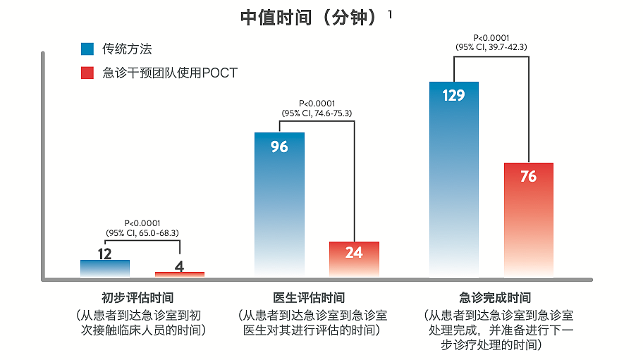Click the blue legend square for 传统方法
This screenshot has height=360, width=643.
pyautogui.click(x=87, y=49)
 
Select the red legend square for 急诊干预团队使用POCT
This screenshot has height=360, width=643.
pyautogui.click(x=87, y=73)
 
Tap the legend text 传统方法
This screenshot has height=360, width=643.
pyautogui.click(x=128, y=49)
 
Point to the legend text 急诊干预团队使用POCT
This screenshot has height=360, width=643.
pyautogui.click(x=170, y=73)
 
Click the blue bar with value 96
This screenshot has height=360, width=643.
pyautogui.click(x=279, y=204)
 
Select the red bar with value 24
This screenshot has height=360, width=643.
pyautogui.click(x=354, y=259)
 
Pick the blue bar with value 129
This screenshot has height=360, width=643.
pyautogui.click(x=454, y=180)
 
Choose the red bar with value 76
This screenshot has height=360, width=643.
pyautogui.click(x=528, y=218)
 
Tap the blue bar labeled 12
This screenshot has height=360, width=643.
pyautogui.click(x=105, y=268)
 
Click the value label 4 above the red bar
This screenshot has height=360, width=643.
pyautogui.click(x=179, y=266)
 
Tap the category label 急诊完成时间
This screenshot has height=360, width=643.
pyautogui.click(x=495, y=298)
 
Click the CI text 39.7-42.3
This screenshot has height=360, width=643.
pyautogui.click(x=507, y=47)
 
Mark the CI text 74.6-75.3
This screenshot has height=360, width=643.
pyautogui.click(x=332, y=113)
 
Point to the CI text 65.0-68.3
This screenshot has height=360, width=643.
pyautogui.click(x=158, y=232)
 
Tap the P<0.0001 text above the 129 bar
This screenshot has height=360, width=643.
pyautogui.click(x=491, y=38)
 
